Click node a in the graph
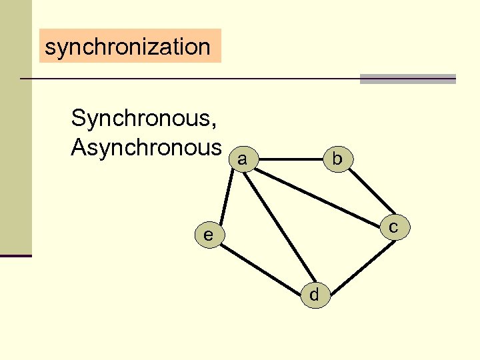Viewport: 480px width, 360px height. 243,160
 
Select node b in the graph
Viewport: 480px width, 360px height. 337,159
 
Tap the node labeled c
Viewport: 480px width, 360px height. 393,227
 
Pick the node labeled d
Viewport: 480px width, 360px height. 314,294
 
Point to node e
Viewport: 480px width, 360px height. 209,235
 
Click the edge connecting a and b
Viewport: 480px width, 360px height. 290,159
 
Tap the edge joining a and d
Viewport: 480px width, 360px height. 279,227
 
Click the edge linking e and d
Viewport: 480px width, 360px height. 261,265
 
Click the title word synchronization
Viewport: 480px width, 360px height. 127,47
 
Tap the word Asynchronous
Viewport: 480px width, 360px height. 146,147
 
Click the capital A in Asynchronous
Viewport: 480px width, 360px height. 79,147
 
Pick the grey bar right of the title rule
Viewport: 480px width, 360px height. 407,79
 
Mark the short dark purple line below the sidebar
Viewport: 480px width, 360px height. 15,255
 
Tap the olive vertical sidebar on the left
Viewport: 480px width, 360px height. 15,127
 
